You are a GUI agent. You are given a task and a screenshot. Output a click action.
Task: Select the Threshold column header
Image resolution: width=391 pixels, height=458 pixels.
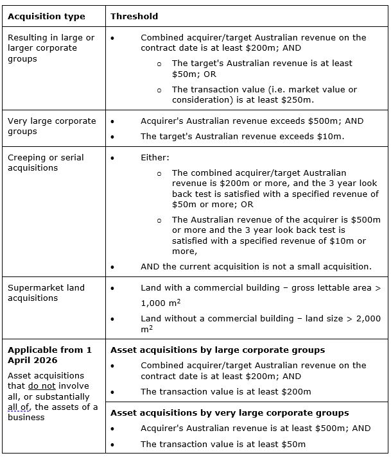click(134, 16)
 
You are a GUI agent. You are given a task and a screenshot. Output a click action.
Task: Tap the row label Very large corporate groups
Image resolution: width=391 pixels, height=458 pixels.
click(51, 126)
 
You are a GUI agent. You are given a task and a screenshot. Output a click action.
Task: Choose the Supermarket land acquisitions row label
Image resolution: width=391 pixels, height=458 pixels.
click(46, 293)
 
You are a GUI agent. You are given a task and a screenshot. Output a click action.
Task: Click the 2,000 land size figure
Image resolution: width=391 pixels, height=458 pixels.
click(363, 318)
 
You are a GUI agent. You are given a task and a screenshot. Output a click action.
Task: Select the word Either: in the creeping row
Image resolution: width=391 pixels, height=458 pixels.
click(155, 157)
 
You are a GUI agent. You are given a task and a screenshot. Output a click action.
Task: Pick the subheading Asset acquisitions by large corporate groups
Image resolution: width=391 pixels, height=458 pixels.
click(218, 350)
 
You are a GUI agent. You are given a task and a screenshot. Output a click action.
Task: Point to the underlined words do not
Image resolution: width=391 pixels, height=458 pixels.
click(37, 386)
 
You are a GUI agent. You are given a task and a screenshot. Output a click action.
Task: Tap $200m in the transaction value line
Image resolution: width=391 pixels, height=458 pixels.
click(295, 391)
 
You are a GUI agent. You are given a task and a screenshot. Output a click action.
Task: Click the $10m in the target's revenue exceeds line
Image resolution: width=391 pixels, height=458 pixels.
click(329, 137)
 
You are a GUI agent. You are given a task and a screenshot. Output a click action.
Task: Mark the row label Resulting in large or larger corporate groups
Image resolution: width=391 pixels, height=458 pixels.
click(51, 48)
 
